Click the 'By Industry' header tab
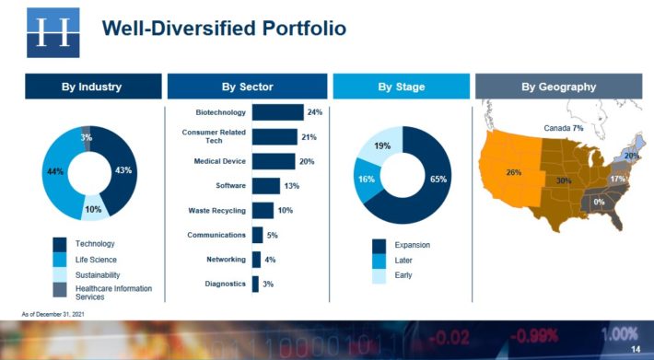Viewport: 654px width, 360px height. [x=91, y=87]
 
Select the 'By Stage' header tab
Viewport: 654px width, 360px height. [x=401, y=87]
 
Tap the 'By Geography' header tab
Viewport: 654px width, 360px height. [x=558, y=87]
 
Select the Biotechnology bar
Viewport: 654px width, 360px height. [x=277, y=112]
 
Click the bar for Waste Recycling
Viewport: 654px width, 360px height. [x=263, y=211]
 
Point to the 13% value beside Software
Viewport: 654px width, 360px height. [x=292, y=186]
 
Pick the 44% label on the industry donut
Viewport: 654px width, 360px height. [x=54, y=172]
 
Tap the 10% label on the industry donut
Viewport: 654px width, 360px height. [x=92, y=210]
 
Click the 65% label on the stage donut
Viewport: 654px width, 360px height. [x=438, y=179]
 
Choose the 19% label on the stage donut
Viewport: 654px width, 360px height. [x=381, y=145]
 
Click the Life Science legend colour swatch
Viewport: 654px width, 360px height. [x=60, y=260]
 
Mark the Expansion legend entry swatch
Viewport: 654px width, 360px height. [x=380, y=245]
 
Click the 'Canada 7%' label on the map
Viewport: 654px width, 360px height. [x=564, y=128]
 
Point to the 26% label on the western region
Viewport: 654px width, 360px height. [x=513, y=172]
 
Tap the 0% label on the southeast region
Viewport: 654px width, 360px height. [x=599, y=202]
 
